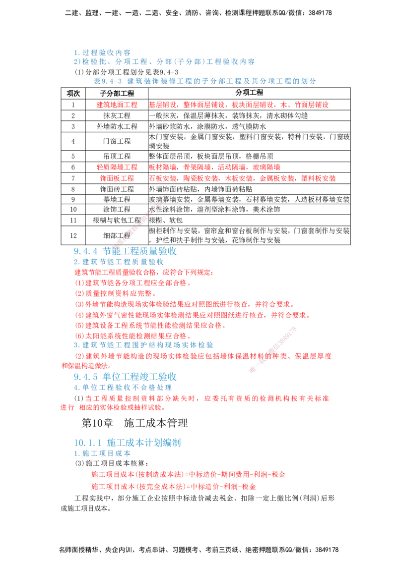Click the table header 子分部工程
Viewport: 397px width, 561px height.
(x=117, y=93)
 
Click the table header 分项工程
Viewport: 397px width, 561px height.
(x=250, y=93)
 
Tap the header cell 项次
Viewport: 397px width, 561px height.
(x=73, y=93)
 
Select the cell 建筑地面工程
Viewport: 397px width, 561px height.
(x=117, y=105)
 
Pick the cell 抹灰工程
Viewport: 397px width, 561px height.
(x=117, y=115)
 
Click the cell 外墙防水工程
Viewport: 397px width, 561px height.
(x=117, y=127)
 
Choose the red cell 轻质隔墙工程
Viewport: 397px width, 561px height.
(x=117, y=167)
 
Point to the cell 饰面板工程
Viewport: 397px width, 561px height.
(x=117, y=178)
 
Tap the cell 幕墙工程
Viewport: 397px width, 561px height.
(x=117, y=199)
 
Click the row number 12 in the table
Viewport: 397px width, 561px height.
(x=73, y=235)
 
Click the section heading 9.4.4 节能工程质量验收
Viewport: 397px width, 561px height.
(x=126, y=251)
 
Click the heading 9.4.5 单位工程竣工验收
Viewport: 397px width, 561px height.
(x=126, y=377)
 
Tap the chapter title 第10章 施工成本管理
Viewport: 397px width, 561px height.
(x=134, y=423)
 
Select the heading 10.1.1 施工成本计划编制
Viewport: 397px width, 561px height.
(x=128, y=443)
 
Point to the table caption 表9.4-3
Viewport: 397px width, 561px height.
(x=108, y=81)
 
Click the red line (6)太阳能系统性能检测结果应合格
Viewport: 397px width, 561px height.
(x=132, y=336)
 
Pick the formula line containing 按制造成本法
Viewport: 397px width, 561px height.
(x=189, y=475)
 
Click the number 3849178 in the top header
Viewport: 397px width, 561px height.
(x=320, y=13)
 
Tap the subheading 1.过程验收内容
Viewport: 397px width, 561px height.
(x=102, y=53)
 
